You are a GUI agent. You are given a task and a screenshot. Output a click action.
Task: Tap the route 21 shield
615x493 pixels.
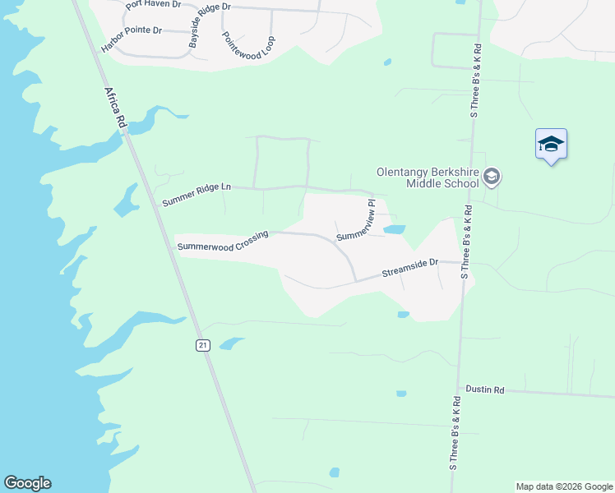click(202, 345)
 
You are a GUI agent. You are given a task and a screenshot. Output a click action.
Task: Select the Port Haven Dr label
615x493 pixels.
click(155, 5)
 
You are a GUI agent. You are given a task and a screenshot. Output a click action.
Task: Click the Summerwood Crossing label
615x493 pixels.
click(223, 241)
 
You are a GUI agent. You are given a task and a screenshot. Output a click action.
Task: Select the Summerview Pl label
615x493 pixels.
click(356, 220)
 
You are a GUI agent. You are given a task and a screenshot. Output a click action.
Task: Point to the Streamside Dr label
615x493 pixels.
click(411, 268)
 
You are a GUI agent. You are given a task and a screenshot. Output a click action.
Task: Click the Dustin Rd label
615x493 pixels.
click(484, 389)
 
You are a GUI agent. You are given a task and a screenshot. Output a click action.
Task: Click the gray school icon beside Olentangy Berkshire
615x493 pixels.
click(492, 177)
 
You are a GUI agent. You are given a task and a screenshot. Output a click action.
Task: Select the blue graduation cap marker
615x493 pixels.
click(551, 145)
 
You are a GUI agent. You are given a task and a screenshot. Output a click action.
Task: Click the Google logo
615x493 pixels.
click(27, 483)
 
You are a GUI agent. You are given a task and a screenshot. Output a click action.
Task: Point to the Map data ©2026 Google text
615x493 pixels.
click(564, 486)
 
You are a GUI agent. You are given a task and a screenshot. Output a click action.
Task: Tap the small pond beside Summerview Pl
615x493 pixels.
click(394, 229)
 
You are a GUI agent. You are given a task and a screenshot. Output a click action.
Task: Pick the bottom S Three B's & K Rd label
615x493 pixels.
click(454, 434)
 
